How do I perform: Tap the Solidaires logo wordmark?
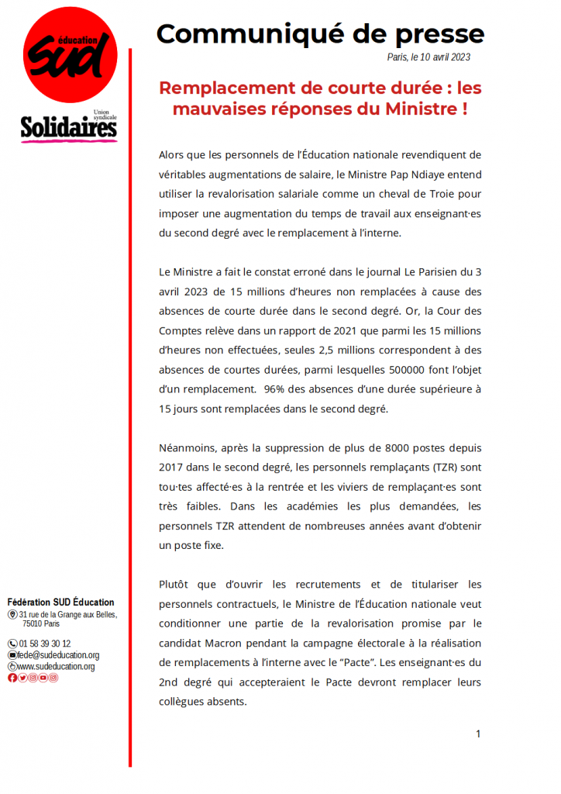coord(69,128)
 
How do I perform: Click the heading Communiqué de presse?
coord(320,33)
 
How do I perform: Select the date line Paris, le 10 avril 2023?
coord(428,57)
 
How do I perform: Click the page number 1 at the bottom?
coord(478,734)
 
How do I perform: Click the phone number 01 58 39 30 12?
coord(44,644)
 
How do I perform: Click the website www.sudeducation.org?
coord(56,666)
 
